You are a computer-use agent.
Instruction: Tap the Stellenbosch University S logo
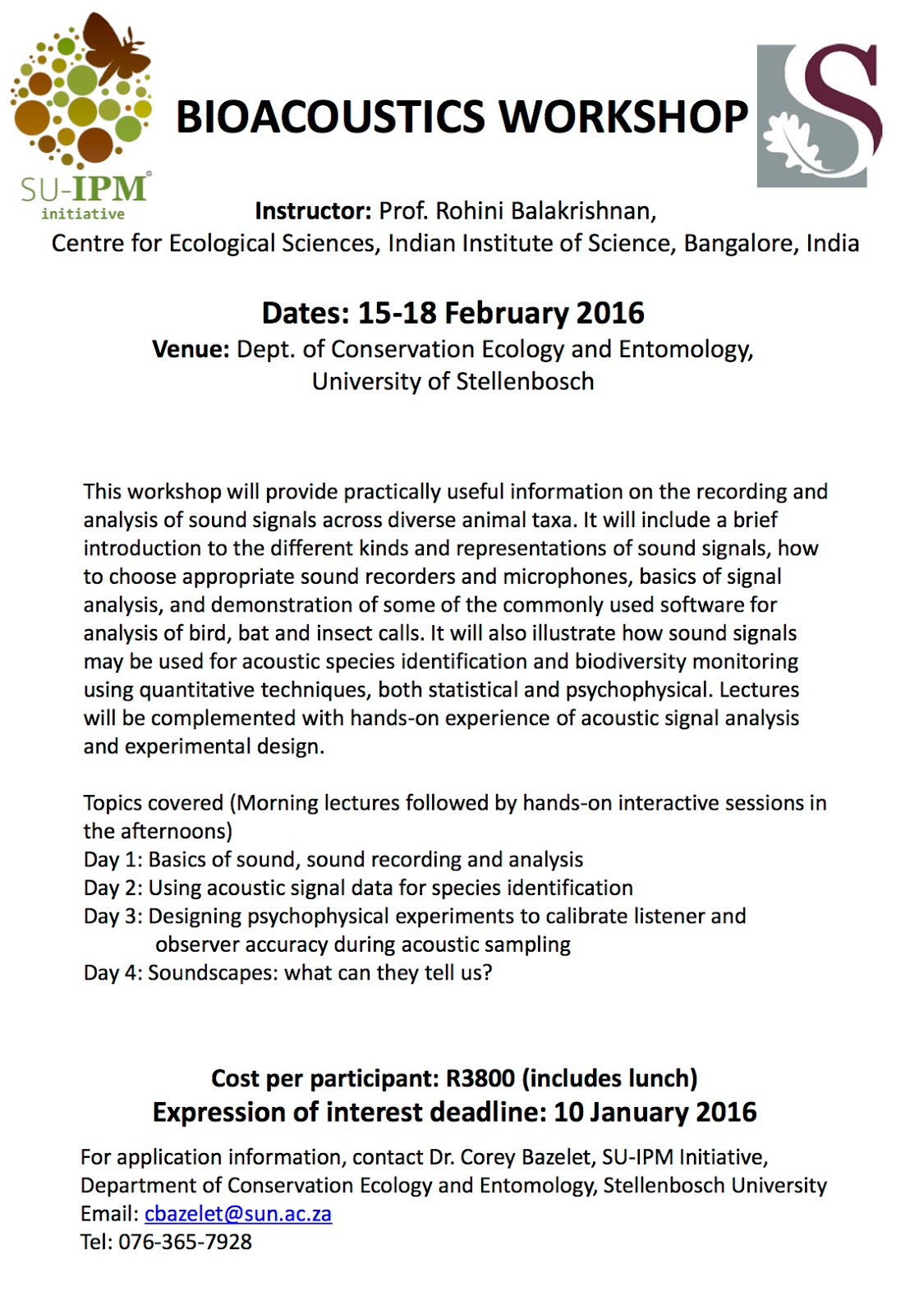819,115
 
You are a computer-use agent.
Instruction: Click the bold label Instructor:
313,211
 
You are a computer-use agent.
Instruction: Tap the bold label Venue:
191,349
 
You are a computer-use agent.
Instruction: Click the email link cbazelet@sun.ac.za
238,1214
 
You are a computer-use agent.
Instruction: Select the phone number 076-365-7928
185,1242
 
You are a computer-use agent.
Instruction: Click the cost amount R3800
480,1078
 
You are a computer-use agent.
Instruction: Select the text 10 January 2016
655,1112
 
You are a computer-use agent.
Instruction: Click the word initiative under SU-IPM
83,214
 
